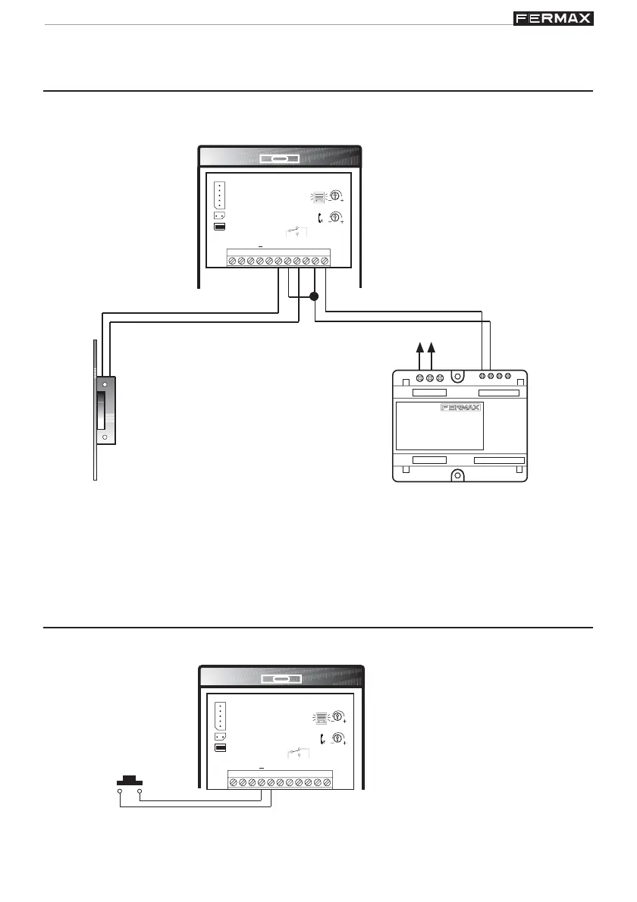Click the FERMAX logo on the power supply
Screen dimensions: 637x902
pos(460,409)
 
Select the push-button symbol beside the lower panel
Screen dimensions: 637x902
pos(129,779)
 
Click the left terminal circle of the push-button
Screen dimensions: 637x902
pos(120,791)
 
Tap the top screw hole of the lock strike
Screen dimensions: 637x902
pos(105,385)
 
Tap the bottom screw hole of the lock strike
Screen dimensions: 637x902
pos(105,437)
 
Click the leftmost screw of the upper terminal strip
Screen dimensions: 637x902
pos(232,262)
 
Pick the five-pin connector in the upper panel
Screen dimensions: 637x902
pos(220,195)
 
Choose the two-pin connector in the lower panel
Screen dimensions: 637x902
pos(220,736)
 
